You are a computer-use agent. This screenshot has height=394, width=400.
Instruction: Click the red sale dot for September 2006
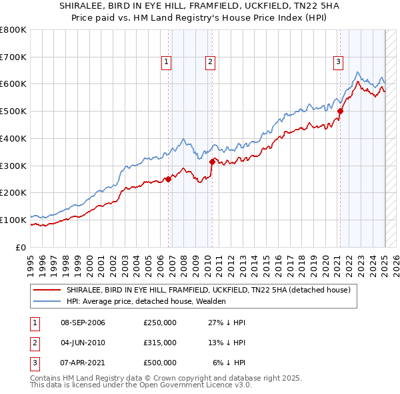point(169,178)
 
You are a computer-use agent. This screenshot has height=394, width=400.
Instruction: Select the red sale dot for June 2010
point(212,161)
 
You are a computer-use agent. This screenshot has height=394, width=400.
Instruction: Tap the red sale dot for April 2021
point(340,111)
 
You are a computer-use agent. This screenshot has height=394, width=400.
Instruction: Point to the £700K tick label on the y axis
point(13,57)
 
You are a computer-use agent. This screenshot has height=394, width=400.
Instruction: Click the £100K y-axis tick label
point(13,220)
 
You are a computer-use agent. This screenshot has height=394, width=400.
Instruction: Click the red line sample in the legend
point(47,290)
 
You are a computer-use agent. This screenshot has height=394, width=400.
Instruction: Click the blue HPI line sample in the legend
point(47,301)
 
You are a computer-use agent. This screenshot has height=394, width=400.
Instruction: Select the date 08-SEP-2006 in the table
point(83,323)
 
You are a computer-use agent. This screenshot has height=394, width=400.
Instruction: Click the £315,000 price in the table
point(160,343)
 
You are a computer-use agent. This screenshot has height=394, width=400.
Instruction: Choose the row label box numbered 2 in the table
point(35,343)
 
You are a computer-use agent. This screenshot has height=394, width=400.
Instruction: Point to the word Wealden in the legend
point(211,301)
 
